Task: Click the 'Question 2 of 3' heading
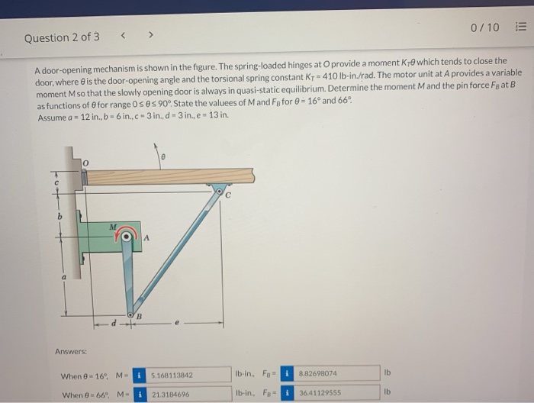(x=62, y=37)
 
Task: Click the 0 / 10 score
(x=484, y=27)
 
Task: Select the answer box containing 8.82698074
(x=333, y=374)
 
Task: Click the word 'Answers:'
(x=70, y=351)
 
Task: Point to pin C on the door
(x=220, y=188)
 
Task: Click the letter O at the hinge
(x=86, y=163)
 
